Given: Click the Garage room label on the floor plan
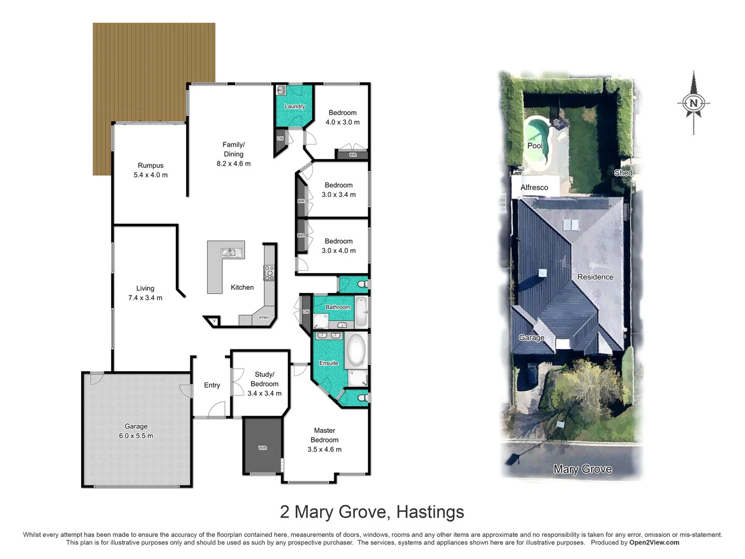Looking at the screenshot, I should (x=136, y=426).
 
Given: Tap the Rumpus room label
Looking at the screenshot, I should (x=151, y=166).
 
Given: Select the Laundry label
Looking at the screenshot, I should (x=294, y=107).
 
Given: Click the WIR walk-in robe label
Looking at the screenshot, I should (x=263, y=448).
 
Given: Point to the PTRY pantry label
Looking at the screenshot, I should (x=264, y=318).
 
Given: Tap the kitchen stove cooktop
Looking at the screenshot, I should (x=269, y=273).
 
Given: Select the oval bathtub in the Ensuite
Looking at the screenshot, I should (x=356, y=350).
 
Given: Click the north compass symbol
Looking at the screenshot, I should (x=694, y=102).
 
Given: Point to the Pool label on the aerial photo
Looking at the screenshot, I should (x=535, y=145).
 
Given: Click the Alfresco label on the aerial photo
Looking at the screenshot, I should (x=534, y=187).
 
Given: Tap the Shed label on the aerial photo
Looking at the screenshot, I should (x=623, y=173).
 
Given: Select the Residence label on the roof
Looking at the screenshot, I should (x=595, y=277).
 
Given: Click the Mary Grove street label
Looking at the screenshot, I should (x=583, y=469).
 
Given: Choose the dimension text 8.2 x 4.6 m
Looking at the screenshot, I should (x=233, y=164).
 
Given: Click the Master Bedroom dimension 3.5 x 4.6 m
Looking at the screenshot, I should (x=324, y=449).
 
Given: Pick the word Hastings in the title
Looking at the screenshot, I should (x=430, y=512).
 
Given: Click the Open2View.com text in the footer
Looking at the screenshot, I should (x=654, y=542).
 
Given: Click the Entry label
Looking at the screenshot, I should (x=212, y=385).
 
